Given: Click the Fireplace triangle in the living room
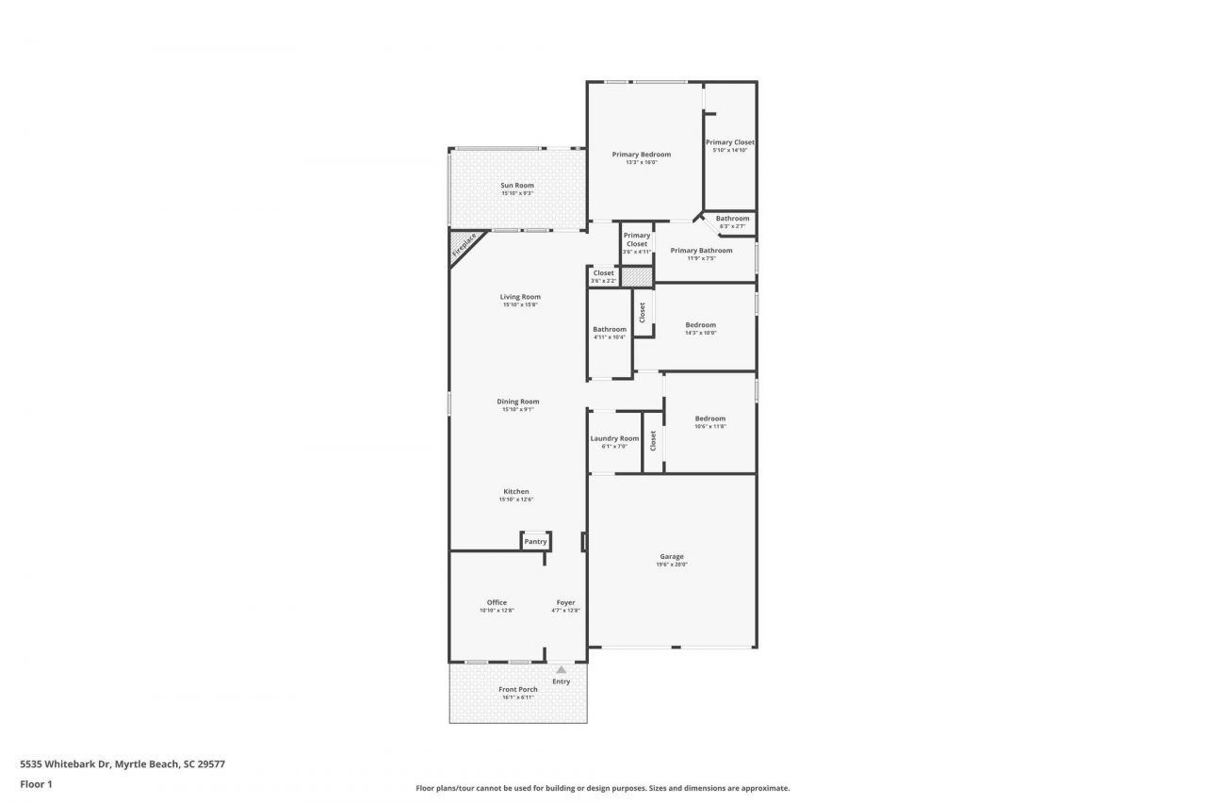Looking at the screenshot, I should (x=463, y=248).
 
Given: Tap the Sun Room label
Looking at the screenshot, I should (x=517, y=186).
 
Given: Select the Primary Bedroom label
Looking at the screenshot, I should (x=641, y=155).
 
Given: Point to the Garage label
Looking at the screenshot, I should (x=672, y=557).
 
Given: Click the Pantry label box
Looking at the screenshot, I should (x=535, y=542).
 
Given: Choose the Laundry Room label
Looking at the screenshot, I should (x=614, y=438).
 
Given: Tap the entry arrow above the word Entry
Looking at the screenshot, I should (x=562, y=670).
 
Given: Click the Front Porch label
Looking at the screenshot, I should (x=517, y=690).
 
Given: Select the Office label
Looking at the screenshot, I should (x=497, y=603).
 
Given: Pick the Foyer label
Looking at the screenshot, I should (x=565, y=603).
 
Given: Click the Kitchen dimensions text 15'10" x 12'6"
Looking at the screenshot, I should (x=516, y=500).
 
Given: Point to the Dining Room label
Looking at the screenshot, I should (x=517, y=402).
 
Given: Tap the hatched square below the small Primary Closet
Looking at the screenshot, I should (x=636, y=277).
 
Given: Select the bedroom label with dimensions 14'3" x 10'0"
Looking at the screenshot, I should (x=700, y=325).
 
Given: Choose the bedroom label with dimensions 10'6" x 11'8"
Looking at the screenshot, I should (x=710, y=418).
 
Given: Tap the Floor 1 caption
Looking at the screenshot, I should (x=36, y=783).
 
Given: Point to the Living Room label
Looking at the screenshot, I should (x=520, y=297).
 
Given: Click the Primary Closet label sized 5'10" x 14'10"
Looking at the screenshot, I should (x=729, y=142).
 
